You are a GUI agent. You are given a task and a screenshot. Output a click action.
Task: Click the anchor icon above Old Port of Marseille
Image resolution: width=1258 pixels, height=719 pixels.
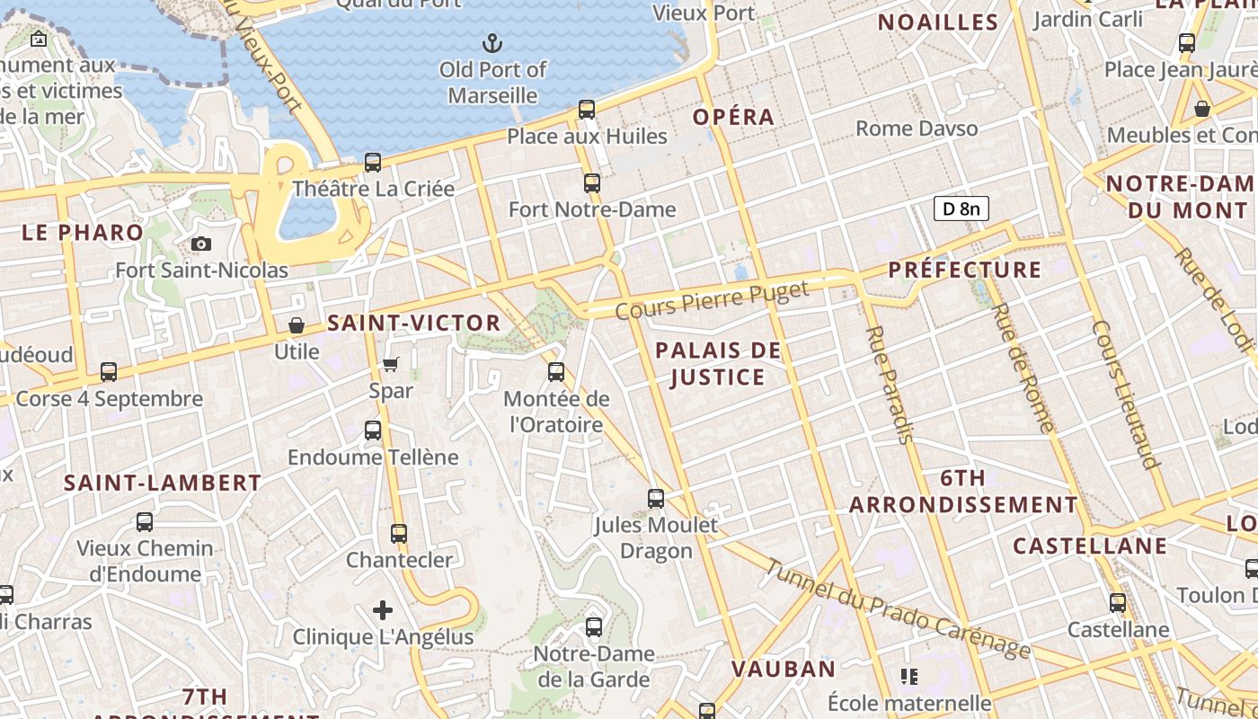click(492, 42)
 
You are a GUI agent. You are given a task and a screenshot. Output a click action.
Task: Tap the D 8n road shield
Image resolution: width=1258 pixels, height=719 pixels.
click(961, 209)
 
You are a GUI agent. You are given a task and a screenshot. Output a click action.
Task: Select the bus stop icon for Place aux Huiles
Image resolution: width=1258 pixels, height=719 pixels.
click(587, 110)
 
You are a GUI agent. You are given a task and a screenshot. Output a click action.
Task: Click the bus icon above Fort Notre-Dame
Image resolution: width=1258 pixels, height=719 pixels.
click(592, 183)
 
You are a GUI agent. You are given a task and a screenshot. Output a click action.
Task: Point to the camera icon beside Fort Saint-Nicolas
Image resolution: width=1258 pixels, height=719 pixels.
click(201, 244)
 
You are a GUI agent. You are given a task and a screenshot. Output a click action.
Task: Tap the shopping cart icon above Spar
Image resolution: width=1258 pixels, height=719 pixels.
click(391, 364)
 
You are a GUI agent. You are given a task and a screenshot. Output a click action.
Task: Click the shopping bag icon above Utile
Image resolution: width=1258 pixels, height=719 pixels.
click(297, 325)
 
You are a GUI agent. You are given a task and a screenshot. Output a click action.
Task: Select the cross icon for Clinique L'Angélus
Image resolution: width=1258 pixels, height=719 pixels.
click(383, 611)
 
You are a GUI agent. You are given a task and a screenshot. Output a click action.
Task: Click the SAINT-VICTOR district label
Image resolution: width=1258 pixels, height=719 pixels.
click(414, 323)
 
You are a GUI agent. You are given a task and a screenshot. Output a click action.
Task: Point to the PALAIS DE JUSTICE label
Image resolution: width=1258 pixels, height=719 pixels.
click(718, 363)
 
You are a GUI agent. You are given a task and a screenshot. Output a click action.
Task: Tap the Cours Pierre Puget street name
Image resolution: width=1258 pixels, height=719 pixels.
click(713, 300)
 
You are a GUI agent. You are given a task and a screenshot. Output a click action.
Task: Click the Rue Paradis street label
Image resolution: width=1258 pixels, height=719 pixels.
click(889, 384)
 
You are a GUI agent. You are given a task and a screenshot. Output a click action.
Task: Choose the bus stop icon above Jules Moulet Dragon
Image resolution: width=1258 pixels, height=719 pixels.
click(656, 498)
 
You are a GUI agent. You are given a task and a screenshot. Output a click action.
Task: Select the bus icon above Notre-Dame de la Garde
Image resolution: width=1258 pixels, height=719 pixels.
click(594, 627)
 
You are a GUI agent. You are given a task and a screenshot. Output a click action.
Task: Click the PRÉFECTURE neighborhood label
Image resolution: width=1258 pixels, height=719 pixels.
click(965, 270)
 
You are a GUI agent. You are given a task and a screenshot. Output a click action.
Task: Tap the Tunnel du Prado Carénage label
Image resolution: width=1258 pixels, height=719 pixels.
click(897, 608)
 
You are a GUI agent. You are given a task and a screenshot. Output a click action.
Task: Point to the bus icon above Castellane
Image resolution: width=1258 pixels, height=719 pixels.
click(1118, 603)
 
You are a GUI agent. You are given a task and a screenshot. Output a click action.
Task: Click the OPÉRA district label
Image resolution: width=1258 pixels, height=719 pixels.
click(733, 117)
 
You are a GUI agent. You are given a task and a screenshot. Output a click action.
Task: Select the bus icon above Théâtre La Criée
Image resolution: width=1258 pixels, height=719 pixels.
click(373, 163)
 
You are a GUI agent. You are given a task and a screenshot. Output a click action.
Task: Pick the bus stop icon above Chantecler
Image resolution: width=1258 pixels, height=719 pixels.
click(399, 534)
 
